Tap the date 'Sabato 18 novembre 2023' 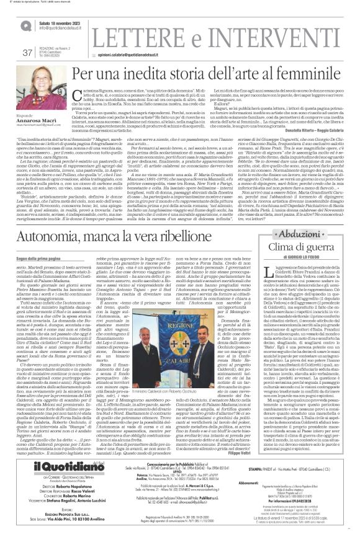pyautogui.click(x=63, y=22)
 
